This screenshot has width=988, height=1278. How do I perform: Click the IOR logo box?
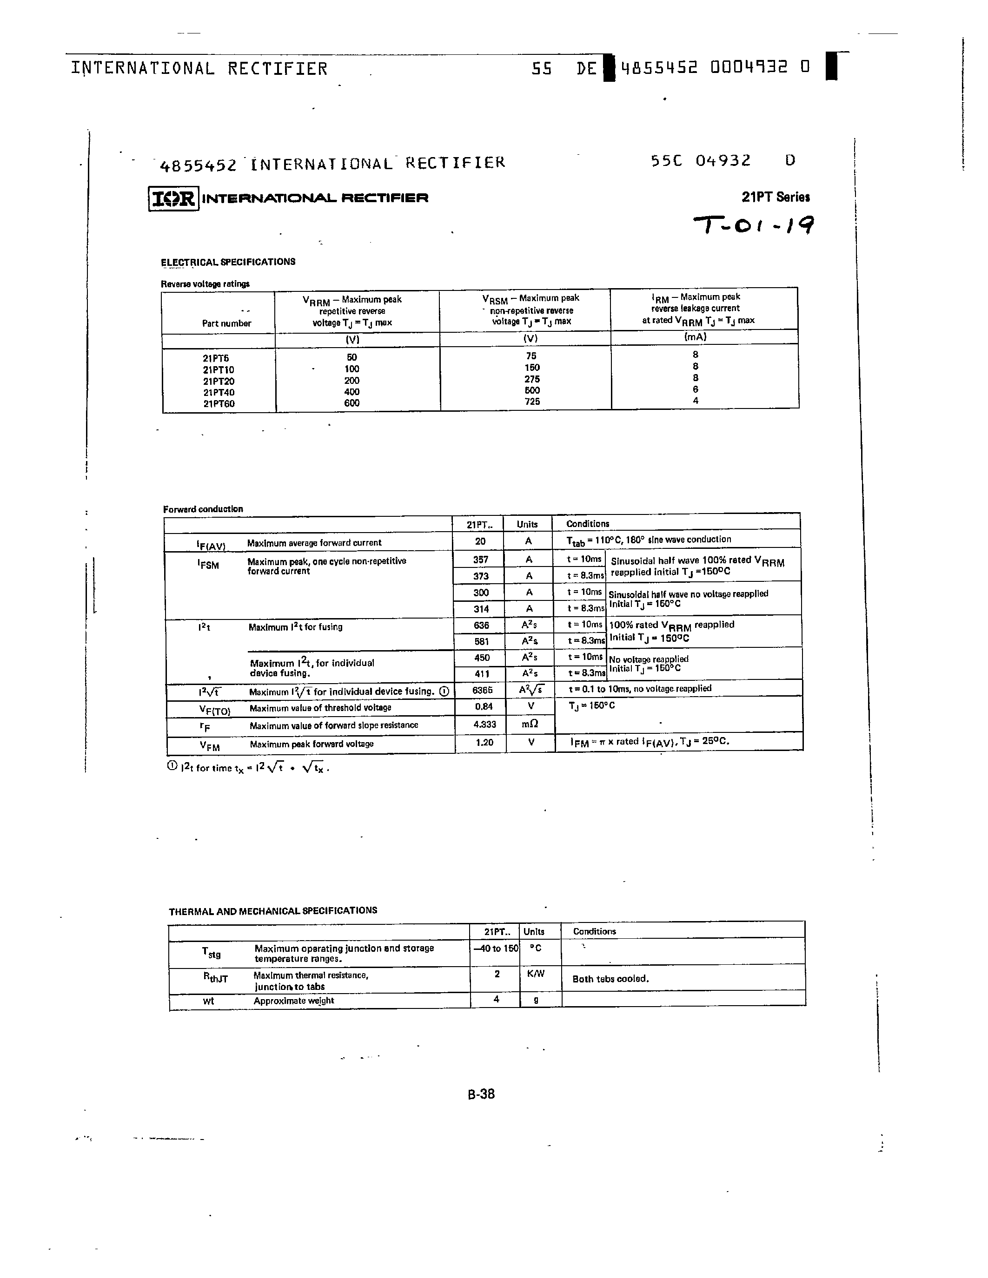[173, 199]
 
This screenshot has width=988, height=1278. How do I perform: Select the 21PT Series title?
[776, 197]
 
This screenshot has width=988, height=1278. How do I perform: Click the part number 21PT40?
[219, 393]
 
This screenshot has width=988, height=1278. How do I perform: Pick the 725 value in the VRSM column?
[532, 402]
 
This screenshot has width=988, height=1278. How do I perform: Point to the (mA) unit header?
[696, 337]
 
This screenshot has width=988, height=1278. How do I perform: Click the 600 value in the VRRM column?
[352, 403]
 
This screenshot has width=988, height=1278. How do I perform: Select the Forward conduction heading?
[203, 509]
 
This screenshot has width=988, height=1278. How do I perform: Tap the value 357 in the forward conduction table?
[481, 560]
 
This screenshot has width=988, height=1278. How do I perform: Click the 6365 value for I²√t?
[482, 691]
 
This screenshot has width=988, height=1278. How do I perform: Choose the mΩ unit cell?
[530, 725]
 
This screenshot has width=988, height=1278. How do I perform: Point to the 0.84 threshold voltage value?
[484, 707]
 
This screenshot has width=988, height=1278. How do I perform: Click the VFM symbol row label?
[210, 745]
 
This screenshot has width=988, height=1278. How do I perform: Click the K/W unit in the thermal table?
[535, 974]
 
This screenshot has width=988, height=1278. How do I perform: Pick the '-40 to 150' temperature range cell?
[495, 948]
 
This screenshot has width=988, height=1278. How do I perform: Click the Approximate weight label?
[294, 1001]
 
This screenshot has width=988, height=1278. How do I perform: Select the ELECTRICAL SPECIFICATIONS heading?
[228, 262]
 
